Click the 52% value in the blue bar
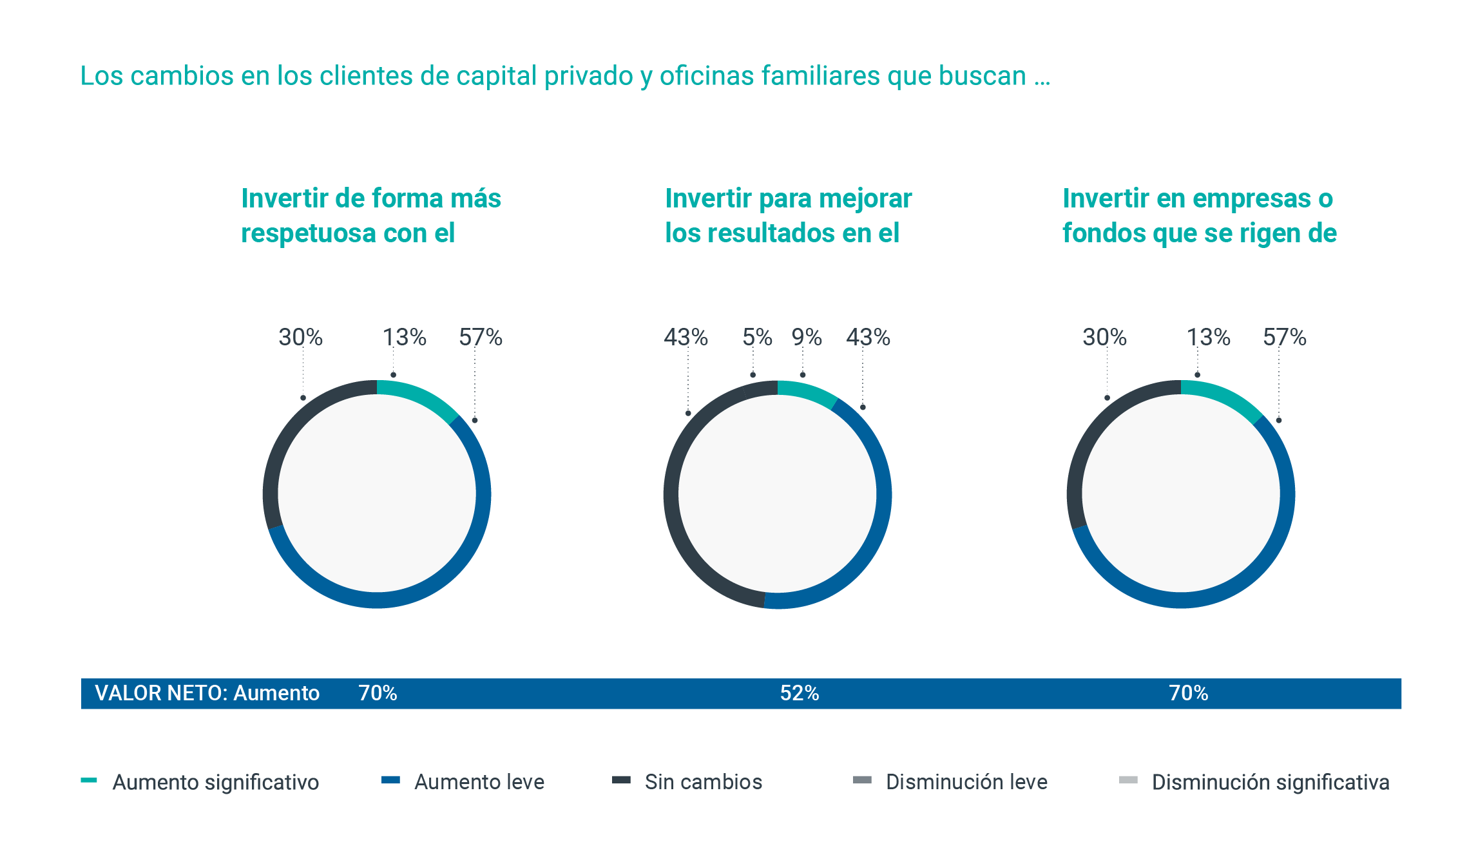[x=799, y=693]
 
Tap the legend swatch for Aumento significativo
[x=88, y=780]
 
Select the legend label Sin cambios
[x=703, y=782]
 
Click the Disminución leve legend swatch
[x=861, y=780]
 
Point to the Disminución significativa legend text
[x=1270, y=782]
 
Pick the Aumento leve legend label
[x=479, y=782]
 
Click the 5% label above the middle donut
[x=757, y=337]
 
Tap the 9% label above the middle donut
[x=807, y=337]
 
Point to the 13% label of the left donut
[x=405, y=337]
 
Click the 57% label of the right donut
[x=1284, y=337]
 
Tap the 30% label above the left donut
[x=300, y=337]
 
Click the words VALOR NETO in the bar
[x=161, y=693]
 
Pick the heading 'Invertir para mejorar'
[x=788, y=198]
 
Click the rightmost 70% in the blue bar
[x=1188, y=693]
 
